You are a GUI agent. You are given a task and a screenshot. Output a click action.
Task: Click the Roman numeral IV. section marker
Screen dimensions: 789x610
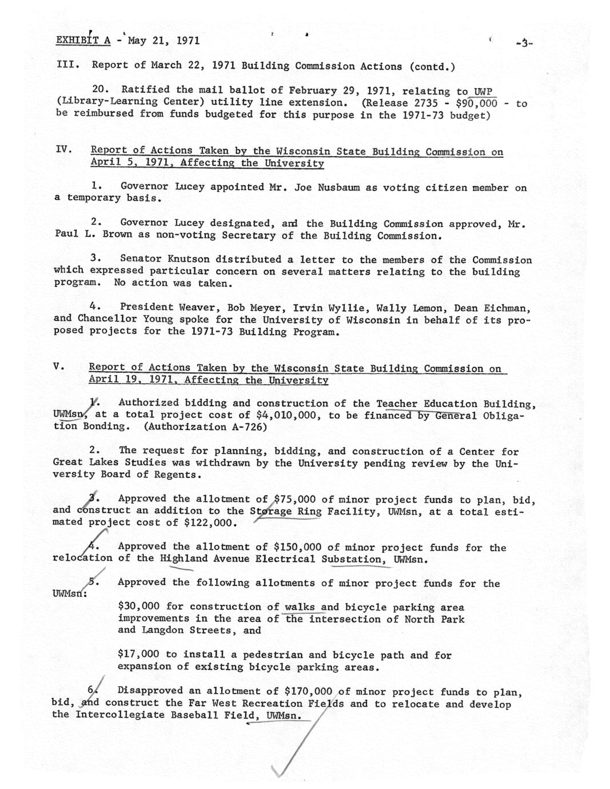[x=63, y=150]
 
